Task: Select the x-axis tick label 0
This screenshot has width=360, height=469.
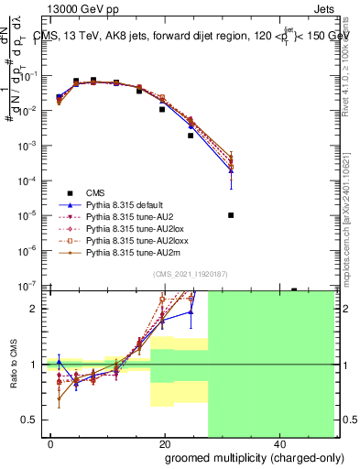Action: click(51, 444)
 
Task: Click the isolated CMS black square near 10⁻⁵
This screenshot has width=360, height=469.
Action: click(231, 215)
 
